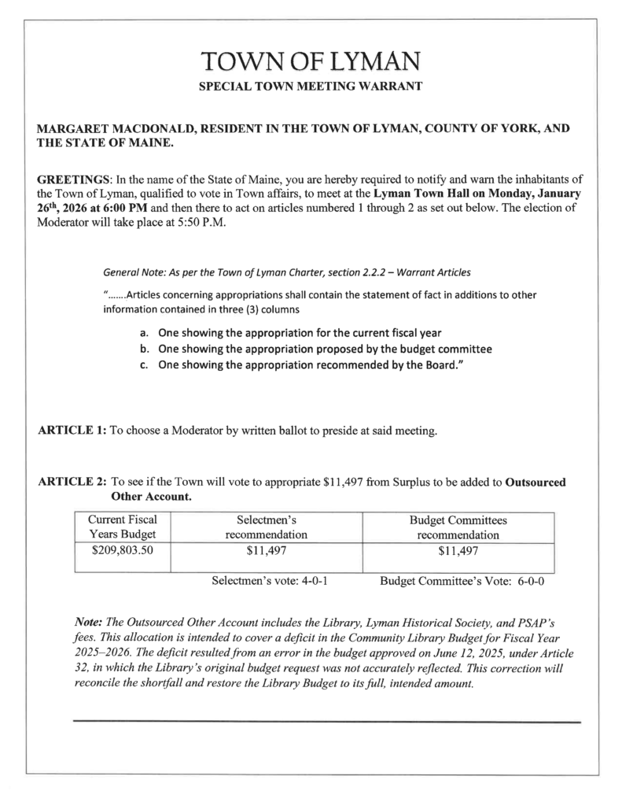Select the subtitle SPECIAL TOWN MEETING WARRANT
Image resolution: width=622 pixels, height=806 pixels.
pos(311,84)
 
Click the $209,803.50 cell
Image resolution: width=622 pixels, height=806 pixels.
pos(122,551)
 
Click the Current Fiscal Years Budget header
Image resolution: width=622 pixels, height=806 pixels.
pos(122,527)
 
